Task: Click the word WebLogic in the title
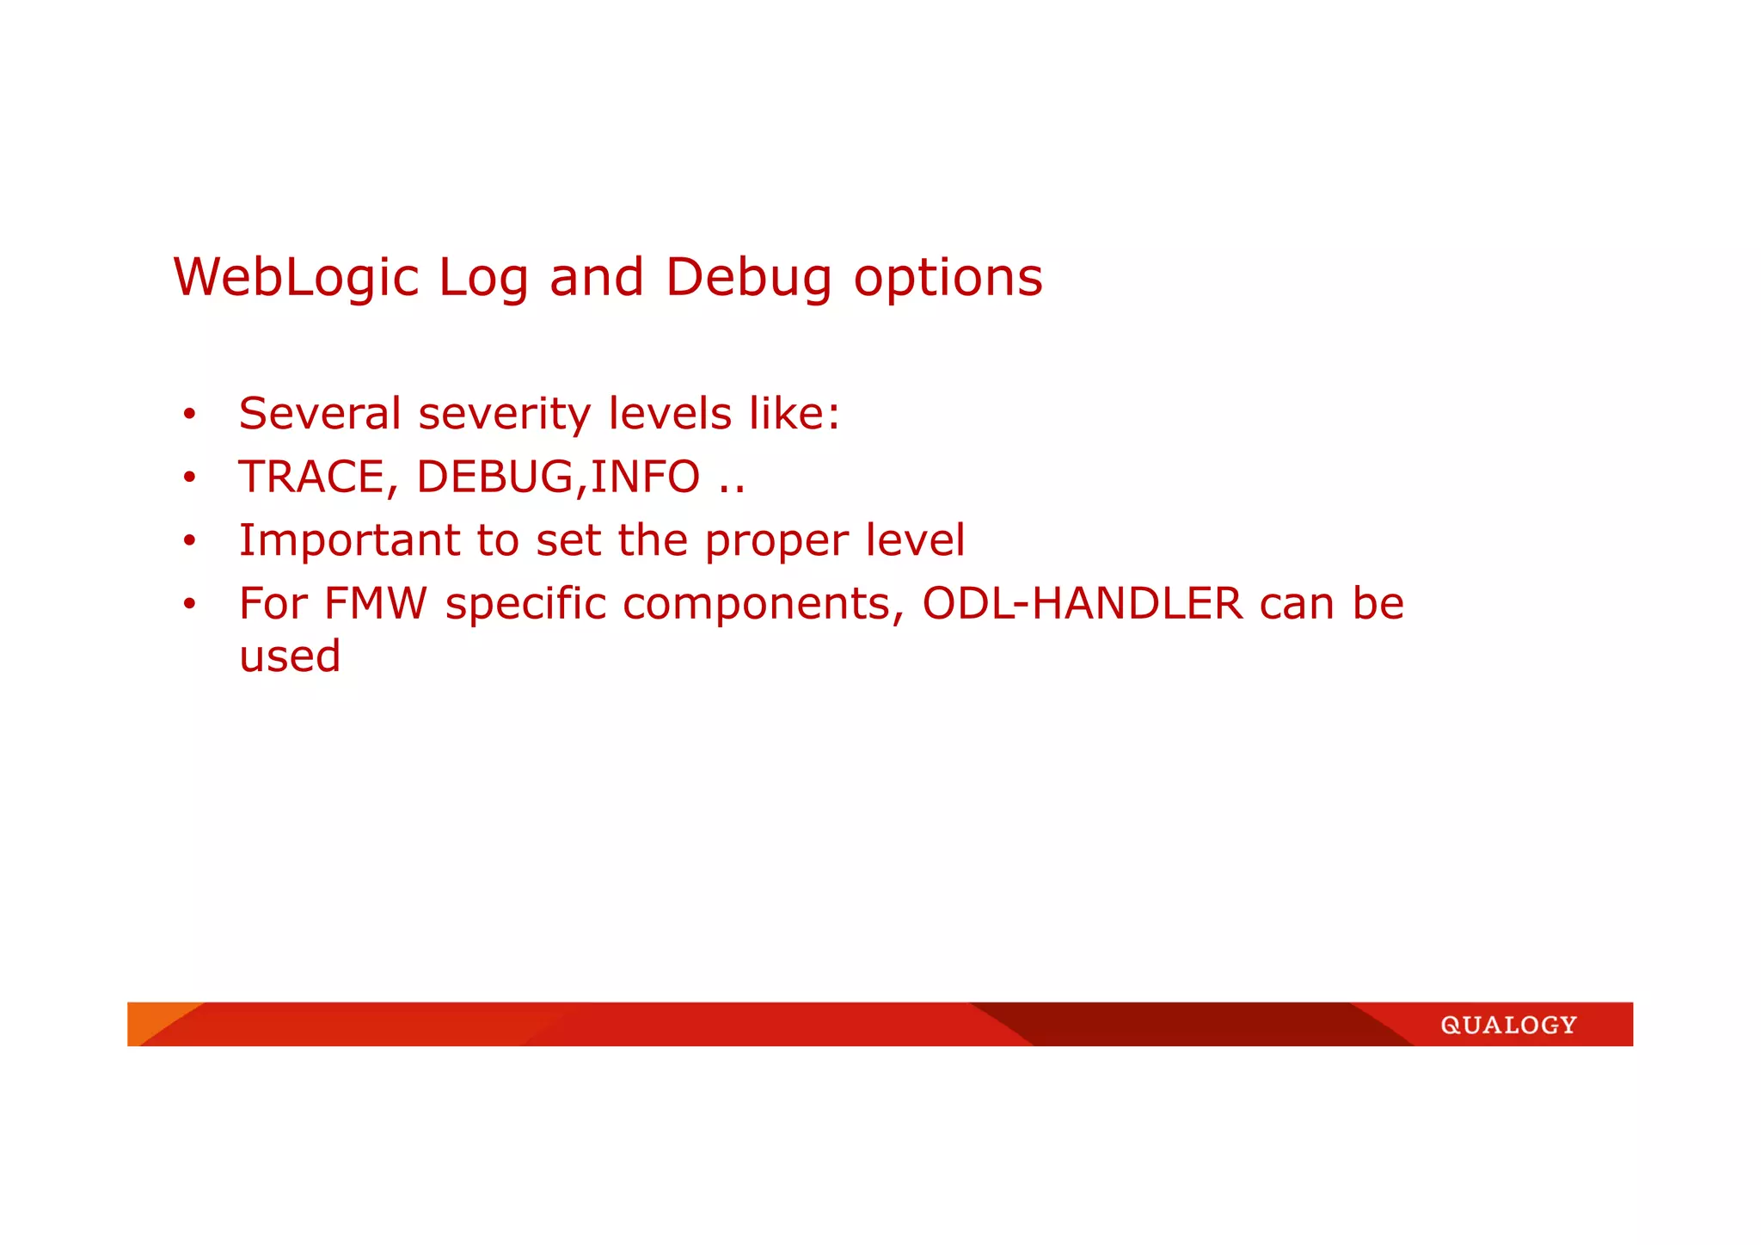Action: (296, 278)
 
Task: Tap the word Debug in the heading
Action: (748, 278)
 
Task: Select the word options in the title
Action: (948, 278)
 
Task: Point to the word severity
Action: (505, 414)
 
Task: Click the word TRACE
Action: (311, 478)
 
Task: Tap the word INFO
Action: (645, 478)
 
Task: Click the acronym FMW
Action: (375, 603)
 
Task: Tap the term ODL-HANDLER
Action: (1082, 603)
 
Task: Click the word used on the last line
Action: (290, 656)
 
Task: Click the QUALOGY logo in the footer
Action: (1508, 1025)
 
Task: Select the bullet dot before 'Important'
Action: (189, 541)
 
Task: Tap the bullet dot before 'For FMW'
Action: (189, 604)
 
